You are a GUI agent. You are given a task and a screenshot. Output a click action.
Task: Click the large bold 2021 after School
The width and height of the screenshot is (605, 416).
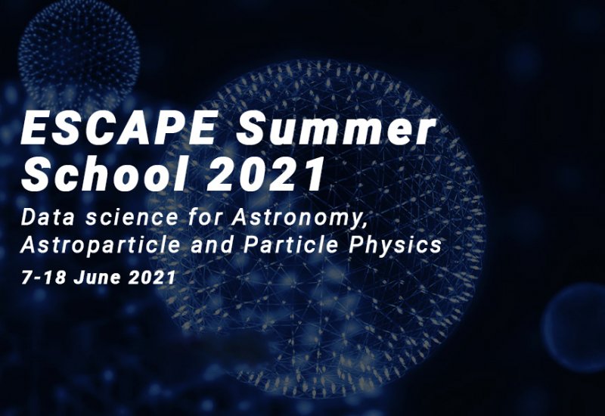pyautogui.click(x=265, y=175)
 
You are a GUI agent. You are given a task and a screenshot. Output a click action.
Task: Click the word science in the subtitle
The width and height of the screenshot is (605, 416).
pyautogui.click(x=132, y=217)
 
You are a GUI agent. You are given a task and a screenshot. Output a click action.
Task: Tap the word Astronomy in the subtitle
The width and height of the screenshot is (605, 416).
pyautogui.click(x=295, y=219)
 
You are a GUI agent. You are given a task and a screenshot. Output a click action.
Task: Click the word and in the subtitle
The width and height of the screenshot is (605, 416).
pyautogui.click(x=213, y=244)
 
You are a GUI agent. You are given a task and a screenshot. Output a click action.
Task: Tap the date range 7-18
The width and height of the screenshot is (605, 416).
pyautogui.click(x=43, y=278)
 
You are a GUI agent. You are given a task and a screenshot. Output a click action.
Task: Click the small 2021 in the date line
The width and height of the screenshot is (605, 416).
pyautogui.click(x=152, y=278)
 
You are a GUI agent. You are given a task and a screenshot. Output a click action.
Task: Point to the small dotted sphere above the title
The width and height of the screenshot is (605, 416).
pyautogui.click(x=79, y=54)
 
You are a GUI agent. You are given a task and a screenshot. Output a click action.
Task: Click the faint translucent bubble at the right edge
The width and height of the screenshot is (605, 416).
pyautogui.click(x=574, y=328)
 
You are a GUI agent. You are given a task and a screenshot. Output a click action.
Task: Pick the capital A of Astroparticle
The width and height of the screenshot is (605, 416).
pyautogui.click(x=29, y=244)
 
